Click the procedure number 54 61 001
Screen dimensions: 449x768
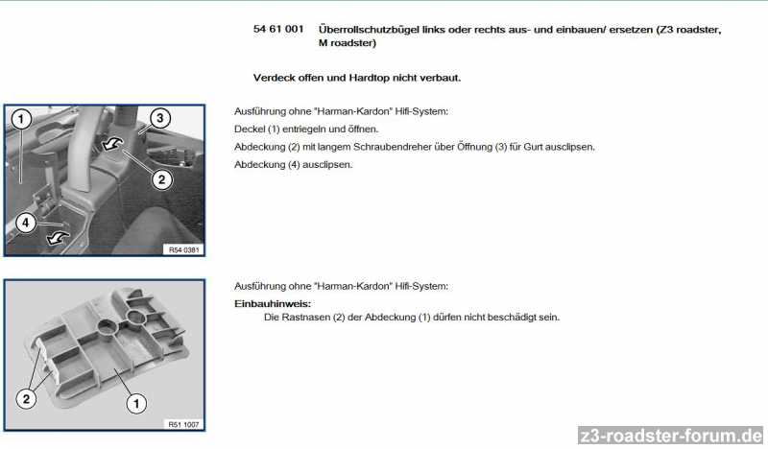coord(278,30)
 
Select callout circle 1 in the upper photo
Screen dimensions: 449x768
coord(21,119)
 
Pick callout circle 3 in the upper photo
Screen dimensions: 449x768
coord(160,118)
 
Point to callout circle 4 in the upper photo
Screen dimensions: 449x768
coord(26,223)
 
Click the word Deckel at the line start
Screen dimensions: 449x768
coord(250,129)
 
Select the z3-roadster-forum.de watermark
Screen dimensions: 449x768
coord(671,435)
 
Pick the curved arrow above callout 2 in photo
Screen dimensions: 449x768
coord(113,145)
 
